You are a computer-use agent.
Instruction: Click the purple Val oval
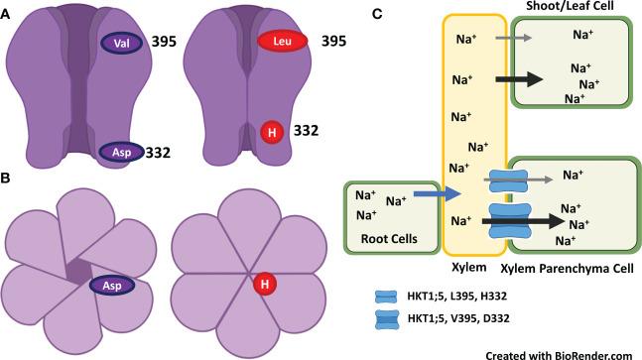[x=122, y=43]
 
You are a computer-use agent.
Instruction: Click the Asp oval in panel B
[x=113, y=286]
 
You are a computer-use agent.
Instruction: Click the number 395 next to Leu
[x=335, y=44]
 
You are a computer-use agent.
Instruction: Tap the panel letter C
[x=375, y=13]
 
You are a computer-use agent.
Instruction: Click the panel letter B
[x=8, y=179]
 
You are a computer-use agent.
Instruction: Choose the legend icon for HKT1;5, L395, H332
[x=382, y=295]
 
